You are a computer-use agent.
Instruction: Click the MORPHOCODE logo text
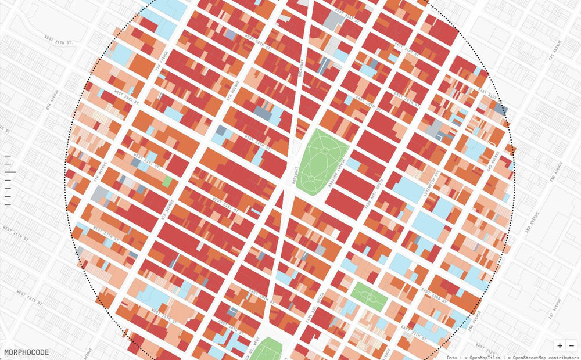tap(26, 352)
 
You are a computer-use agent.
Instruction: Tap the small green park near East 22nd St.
tap(368, 296)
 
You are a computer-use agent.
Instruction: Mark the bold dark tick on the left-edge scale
tap(10, 172)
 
